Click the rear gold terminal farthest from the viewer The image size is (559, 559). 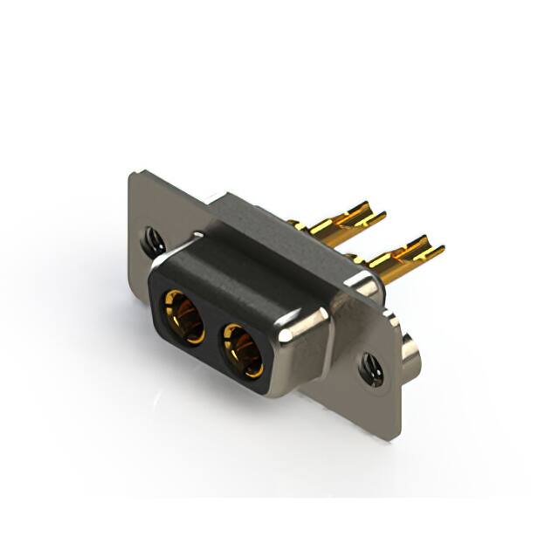[x=345, y=220]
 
